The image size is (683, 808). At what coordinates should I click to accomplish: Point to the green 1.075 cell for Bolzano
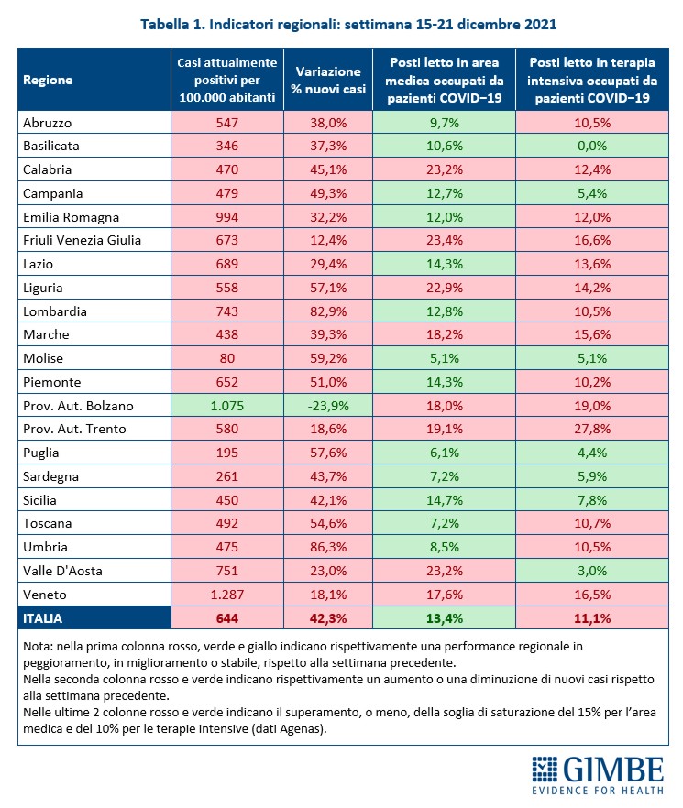(x=226, y=405)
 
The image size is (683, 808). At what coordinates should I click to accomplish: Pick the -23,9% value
(x=327, y=405)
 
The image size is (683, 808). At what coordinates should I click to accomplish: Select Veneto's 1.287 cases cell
(x=226, y=594)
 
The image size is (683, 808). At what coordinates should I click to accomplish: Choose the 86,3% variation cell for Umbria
(x=327, y=547)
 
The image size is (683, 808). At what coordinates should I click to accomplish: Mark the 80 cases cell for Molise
(x=226, y=358)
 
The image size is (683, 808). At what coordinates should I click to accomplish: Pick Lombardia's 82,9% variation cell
(x=327, y=311)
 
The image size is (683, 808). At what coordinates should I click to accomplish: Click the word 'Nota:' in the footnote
(x=42, y=647)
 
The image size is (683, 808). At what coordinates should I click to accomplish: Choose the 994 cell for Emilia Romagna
(x=226, y=217)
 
